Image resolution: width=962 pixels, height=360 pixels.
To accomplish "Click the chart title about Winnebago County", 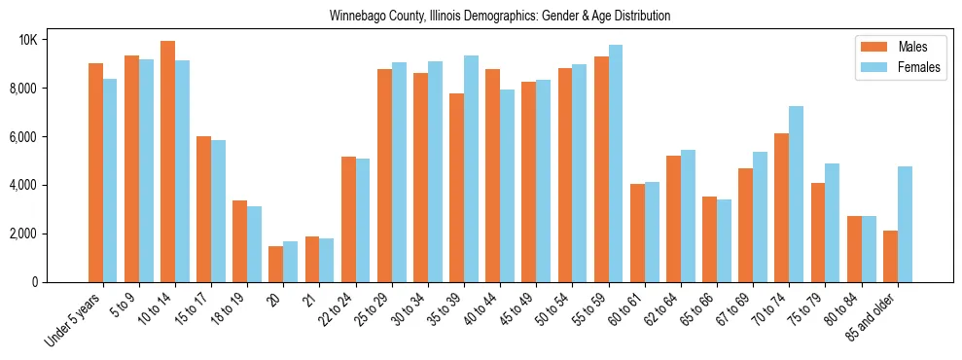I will [500, 17].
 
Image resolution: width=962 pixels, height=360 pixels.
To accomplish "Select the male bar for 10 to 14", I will [168, 162].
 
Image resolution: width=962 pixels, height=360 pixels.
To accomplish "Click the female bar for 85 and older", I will [905, 224].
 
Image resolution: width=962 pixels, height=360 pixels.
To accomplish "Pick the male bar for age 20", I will [276, 264].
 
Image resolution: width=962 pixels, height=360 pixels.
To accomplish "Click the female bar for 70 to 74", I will [796, 194].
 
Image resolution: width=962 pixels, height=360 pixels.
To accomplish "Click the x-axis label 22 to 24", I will [338, 313].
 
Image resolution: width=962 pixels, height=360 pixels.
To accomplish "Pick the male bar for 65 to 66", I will [709, 239].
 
